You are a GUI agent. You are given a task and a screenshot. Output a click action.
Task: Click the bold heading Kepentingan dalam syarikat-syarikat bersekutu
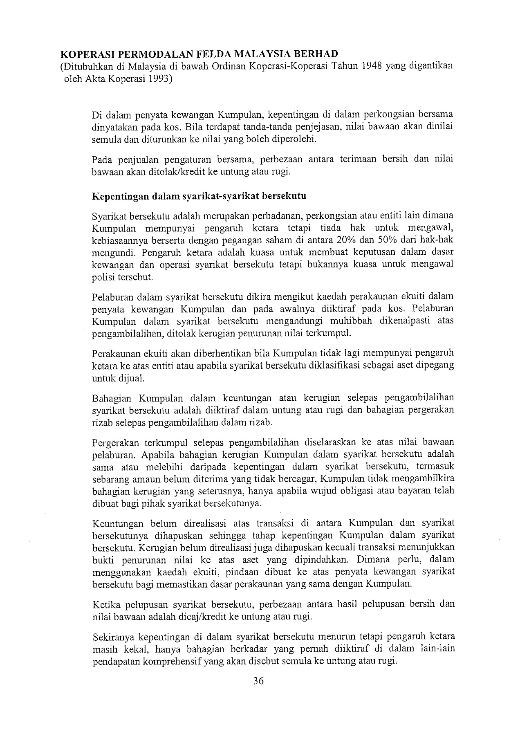pos(199,196)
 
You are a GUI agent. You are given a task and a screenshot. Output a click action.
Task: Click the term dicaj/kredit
pos(211,616)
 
